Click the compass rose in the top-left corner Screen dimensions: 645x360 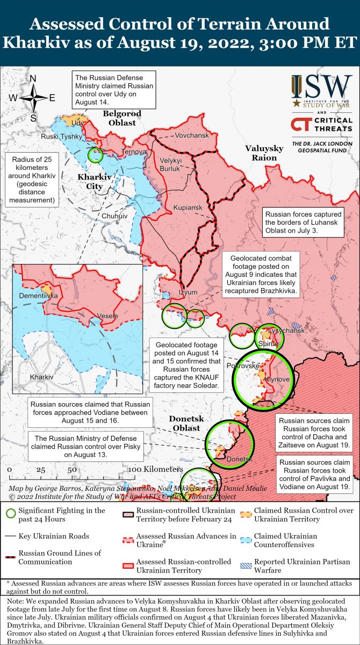[x=33, y=98]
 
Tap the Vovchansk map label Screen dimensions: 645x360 [x=192, y=135]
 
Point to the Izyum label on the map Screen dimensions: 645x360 [x=188, y=292]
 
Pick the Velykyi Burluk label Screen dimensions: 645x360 [x=170, y=164]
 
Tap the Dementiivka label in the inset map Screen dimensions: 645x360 [x=38, y=296]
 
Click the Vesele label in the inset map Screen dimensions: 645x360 [x=107, y=316]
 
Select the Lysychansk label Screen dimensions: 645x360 [x=287, y=331]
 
